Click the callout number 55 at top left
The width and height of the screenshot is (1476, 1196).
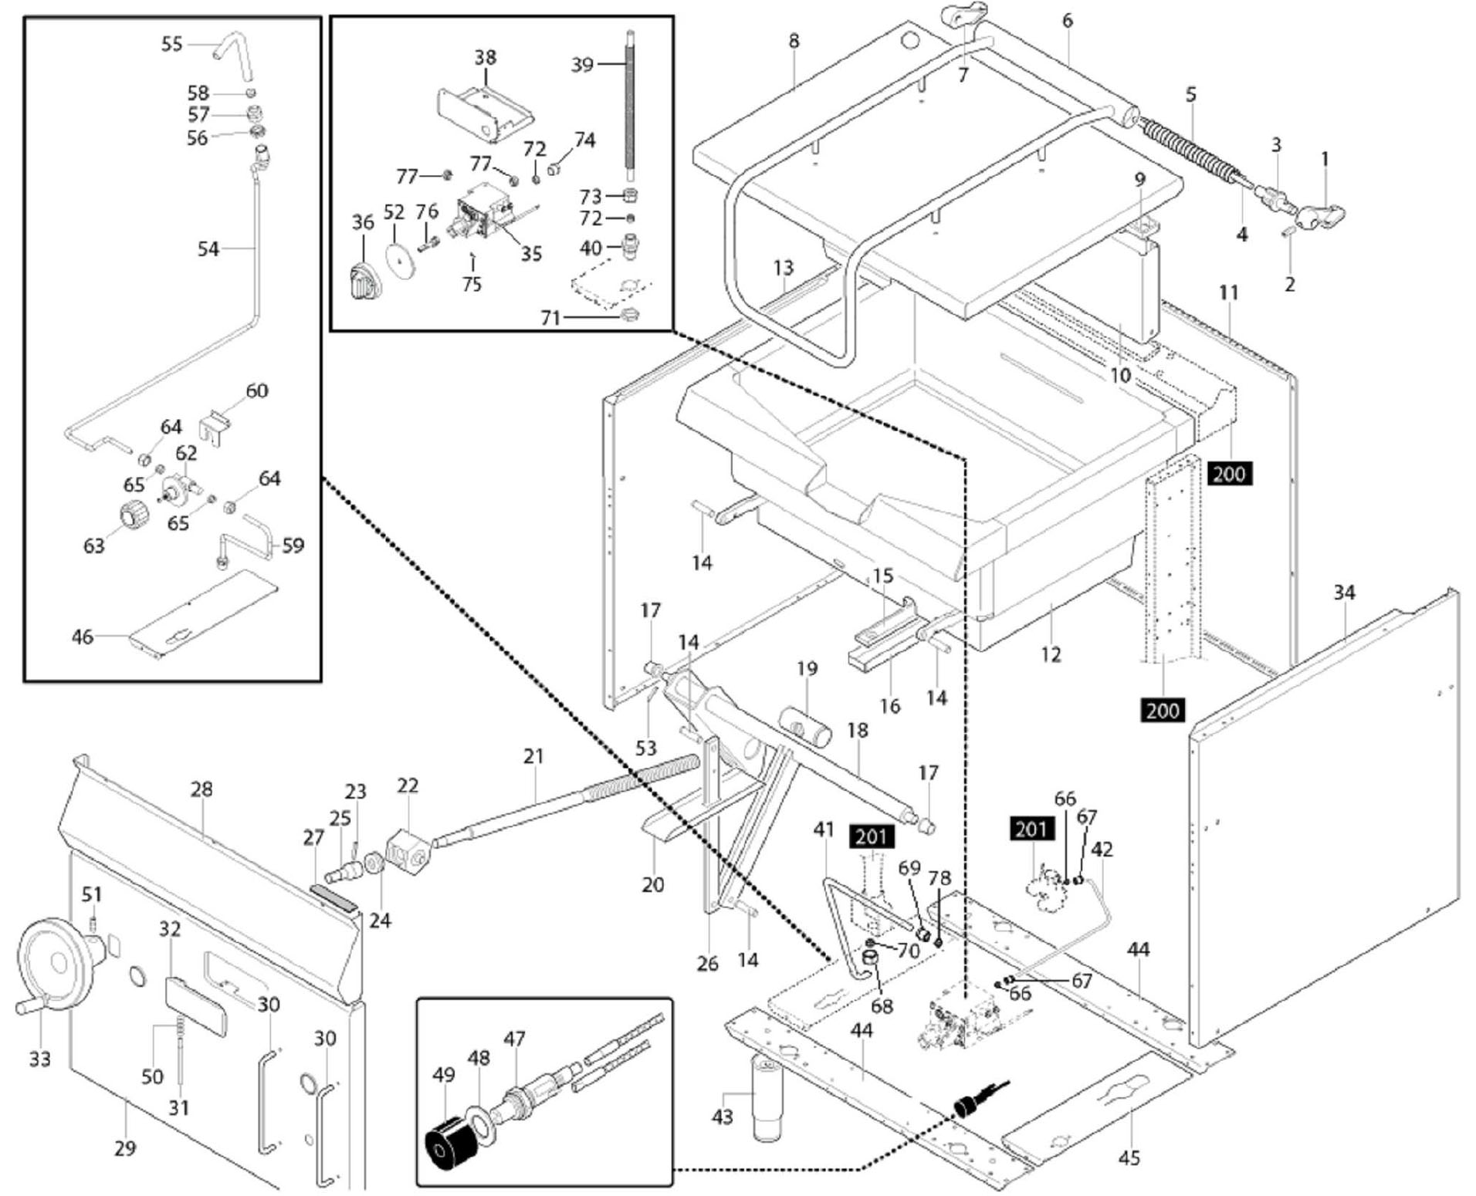click(x=171, y=44)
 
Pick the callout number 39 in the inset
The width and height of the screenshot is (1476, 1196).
click(x=582, y=65)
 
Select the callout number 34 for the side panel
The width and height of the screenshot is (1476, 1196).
click(x=1344, y=593)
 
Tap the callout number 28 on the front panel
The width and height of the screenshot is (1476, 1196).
click(x=201, y=789)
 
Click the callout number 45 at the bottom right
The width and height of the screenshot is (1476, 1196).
click(x=1129, y=1157)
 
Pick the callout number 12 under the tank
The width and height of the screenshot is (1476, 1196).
click(x=1051, y=654)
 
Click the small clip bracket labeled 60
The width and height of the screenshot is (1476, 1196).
click(x=215, y=428)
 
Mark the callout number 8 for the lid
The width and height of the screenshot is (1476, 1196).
click(x=794, y=41)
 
